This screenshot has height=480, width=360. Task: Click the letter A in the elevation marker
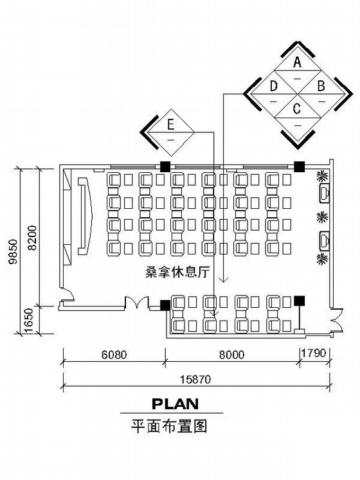(x=297, y=62)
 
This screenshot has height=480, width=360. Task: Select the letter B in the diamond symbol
(x=321, y=86)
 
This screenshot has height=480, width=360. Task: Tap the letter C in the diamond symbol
(x=296, y=109)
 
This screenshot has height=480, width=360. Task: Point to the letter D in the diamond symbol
(x=274, y=86)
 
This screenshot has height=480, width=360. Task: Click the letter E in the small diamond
(x=170, y=125)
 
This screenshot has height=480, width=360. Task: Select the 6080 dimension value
(x=114, y=355)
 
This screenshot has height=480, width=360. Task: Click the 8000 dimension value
(x=232, y=355)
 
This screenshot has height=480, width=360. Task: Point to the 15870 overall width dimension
(x=195, y=380)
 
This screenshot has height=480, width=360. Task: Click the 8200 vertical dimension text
(x=32, y=238)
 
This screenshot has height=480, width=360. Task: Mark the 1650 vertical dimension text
(x=28, y=321)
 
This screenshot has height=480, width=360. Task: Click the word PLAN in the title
(x=175, y=404)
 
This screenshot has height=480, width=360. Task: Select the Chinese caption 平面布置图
(x=169, y=426)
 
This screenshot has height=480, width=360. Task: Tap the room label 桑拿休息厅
(x=177, y=272)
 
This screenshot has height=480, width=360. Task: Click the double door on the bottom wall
(x=137, y=303)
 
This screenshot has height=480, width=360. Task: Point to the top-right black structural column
(x=299, y=166)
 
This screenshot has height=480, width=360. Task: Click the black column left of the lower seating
(x=165, y=305)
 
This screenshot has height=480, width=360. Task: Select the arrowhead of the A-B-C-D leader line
(x=224, y=279)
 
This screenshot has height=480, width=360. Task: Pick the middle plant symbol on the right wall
(x=322, y=217)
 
